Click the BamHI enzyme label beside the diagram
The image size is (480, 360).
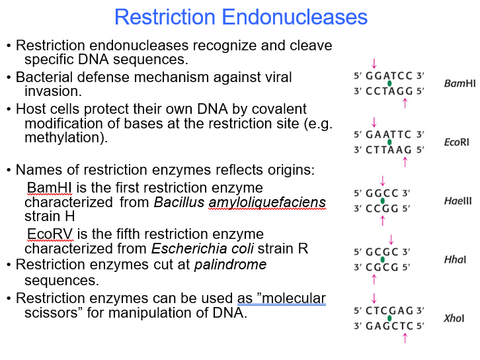460,83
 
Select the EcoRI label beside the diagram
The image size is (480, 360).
456,142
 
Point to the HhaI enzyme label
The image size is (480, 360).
455,260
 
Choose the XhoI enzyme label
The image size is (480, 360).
454,318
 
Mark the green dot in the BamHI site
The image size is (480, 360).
389,83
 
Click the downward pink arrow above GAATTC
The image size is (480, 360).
374,122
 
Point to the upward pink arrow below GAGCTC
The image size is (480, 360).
405,338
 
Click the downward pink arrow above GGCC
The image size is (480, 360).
382,181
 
